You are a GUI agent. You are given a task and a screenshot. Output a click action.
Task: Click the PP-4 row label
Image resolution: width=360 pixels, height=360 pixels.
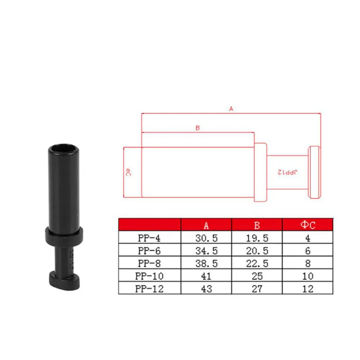tap(149, 238)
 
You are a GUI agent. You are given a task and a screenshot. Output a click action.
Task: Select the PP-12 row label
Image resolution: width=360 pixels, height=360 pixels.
tap(149, 288)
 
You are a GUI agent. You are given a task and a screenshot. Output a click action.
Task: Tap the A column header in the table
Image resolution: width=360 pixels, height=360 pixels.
tap(206, 225)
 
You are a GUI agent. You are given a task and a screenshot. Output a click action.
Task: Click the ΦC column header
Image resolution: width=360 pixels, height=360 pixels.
tap(308, 225)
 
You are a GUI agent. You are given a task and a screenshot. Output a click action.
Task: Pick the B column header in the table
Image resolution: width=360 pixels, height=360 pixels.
tap(257, 225)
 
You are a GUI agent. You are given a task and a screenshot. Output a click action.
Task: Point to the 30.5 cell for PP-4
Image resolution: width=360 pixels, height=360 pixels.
tap(207, 238)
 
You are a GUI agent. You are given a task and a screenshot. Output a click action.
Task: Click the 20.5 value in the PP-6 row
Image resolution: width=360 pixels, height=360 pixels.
tap(257, 251)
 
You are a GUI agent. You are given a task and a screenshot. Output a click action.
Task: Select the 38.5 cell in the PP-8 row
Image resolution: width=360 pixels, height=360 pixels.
tap(207, 263)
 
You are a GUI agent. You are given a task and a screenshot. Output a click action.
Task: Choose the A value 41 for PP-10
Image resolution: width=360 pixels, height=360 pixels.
tap(206, 276)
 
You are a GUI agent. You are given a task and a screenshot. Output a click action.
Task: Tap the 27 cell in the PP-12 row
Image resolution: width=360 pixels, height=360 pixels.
tap(257, 288)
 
